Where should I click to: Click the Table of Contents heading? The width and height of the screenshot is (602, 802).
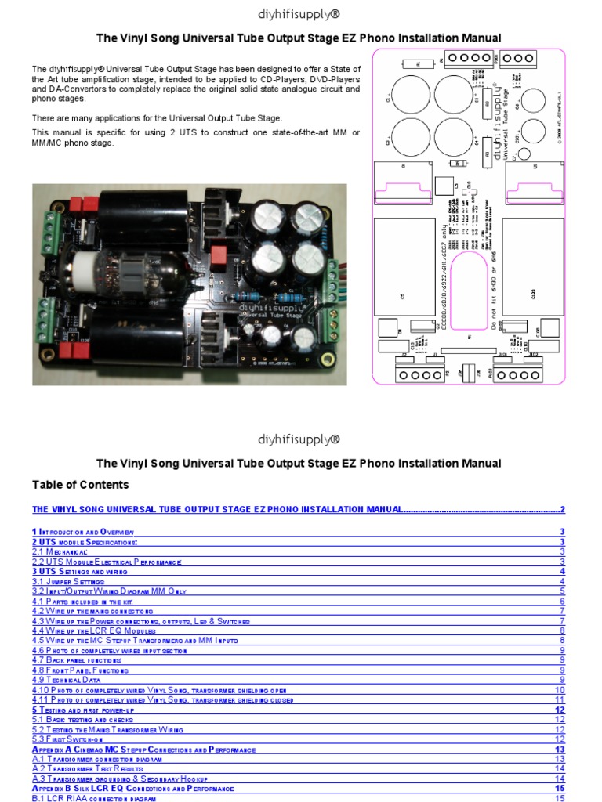pyautogui.click(x=81, y=485)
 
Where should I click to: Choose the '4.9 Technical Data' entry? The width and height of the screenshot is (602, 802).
pyautogui.click(x=74, y=680)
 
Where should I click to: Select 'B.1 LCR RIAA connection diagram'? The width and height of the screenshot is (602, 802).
pyautogui.click(x=93, y=798)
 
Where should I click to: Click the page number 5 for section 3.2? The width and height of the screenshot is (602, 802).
pyautogui.click(x=562, y=591)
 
